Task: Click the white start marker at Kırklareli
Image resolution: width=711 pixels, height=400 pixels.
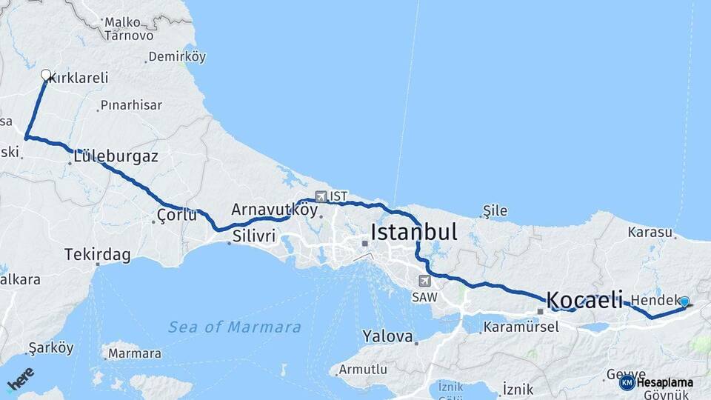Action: (x=46, y=75)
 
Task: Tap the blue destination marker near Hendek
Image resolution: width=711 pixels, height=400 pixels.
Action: (x=684, y=301)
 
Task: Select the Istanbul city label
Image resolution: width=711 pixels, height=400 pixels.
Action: (x=413, y=232)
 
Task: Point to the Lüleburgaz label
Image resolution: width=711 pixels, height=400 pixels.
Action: (x=116, y=156)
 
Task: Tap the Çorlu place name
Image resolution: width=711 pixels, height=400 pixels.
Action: (x=177, y=216)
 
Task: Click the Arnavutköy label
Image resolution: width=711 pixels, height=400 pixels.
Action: (x=274, y=210)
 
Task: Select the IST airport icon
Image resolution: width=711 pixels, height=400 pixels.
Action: (x=321, y=196)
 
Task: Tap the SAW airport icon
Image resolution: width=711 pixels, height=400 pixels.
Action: (x=424, y=281)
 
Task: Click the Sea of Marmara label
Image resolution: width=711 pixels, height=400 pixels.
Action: (x=234, y=327)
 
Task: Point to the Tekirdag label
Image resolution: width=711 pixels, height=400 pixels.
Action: (x=98, y=255)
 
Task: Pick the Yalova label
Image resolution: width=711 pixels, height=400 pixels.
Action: (x=387, y=336)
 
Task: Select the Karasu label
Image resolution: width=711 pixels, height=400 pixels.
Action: (x=650, y=232)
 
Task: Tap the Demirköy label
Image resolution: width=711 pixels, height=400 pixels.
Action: (x=177, y=56)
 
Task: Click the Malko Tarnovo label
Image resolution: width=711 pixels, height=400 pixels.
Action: (x=129, y=29)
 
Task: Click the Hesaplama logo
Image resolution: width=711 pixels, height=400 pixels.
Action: (x=657, y=382)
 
